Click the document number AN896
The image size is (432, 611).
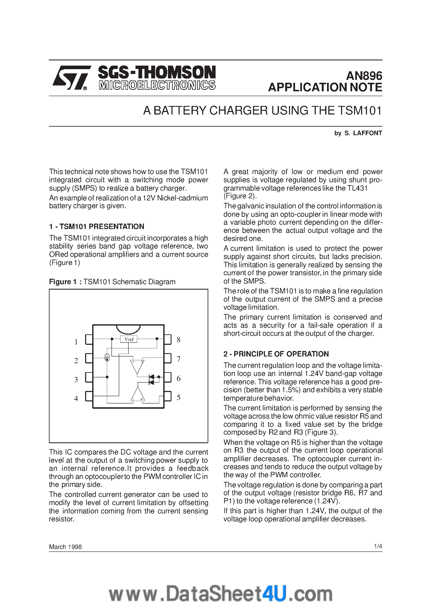(364, 76)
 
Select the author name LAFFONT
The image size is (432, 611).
(368, 133)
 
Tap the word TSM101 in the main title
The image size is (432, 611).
(360, 111)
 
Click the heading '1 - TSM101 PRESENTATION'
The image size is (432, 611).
(96, 227)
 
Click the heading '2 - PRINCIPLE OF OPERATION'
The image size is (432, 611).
(276, 354)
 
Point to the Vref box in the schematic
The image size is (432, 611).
(129, 339)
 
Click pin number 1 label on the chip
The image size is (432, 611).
(76, 342)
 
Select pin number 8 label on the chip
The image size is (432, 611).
(178, 340)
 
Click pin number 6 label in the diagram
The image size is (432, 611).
(178, 378)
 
